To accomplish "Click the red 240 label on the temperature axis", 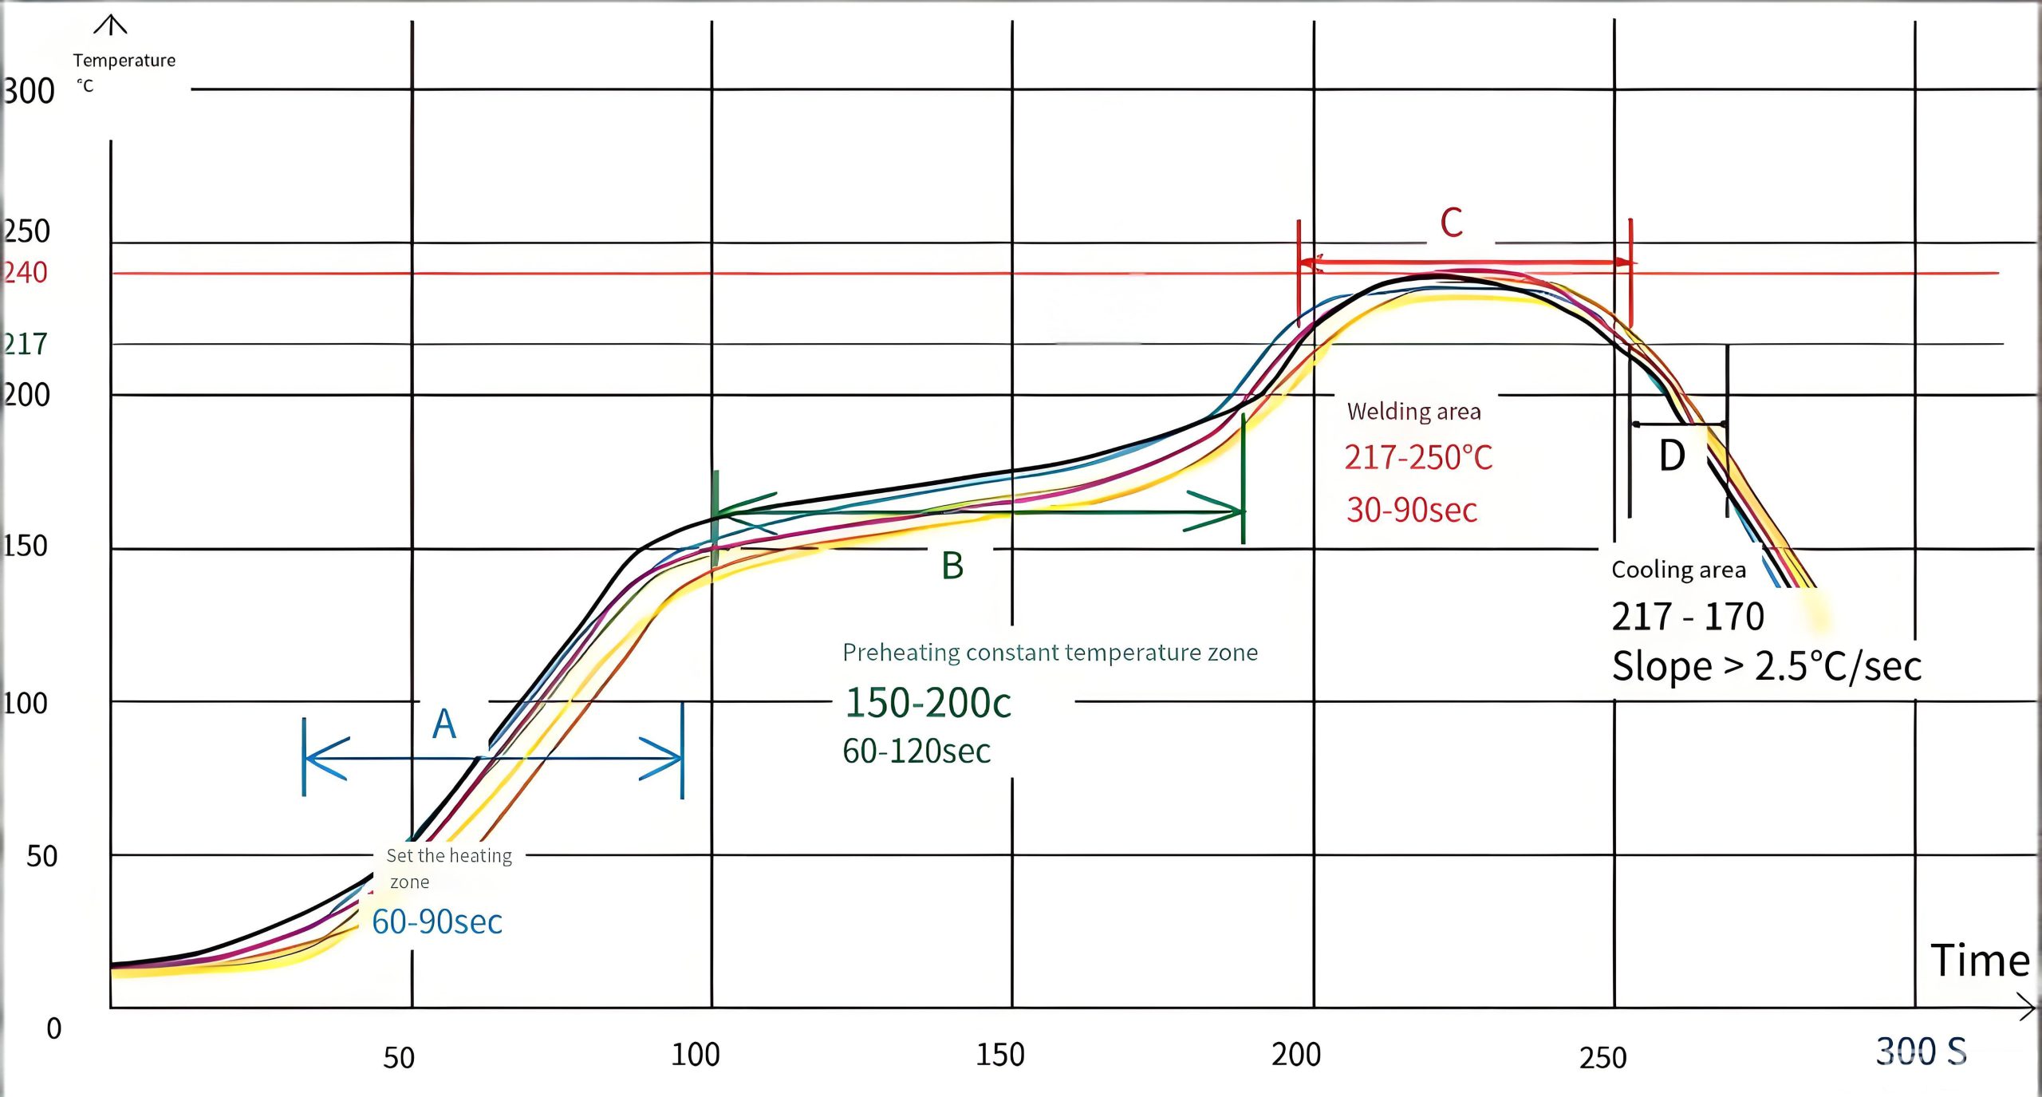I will (26, 273).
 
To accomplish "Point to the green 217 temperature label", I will (26, 344).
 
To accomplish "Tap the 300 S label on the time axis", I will (1921, 1051).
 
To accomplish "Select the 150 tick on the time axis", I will (1000, 1055).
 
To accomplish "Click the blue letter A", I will (444, 724).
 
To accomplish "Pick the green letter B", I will (952, 566).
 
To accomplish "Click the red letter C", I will (1451, 223).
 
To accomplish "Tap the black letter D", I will (1672, 456).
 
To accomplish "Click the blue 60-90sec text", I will (437, 921).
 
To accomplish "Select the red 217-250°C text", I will (1418, 458).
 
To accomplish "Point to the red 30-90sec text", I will (1412, 510).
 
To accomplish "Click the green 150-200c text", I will (928, 703).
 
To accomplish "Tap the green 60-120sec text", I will (917, 752).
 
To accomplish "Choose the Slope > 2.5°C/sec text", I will (1766, 666).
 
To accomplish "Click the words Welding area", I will (1413, 412).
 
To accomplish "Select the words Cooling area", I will (1678, 570).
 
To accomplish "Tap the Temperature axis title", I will (124, 61).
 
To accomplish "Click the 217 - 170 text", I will (1687, 617).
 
